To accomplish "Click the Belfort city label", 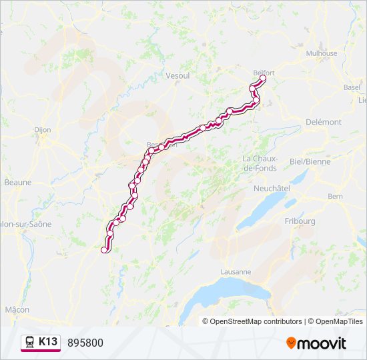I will [264, 73].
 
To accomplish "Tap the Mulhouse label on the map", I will [322, 53].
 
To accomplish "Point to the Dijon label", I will [42, 131].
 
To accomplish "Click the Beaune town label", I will [17, 181].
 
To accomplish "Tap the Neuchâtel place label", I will [272, 189].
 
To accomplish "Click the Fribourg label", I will [300, 221].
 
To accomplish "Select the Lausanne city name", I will [236, 272].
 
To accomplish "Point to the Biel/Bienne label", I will [310, 161].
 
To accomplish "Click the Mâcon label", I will [17, 309].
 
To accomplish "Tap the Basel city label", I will [352, 87].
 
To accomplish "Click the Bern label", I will [335, 197].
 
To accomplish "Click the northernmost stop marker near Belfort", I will [262, 79].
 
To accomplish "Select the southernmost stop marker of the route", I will [104, 249].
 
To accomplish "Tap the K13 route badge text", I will [48, 342].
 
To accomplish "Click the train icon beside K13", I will [30, 342].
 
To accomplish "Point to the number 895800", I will [85, 343].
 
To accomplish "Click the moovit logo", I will [316, 343].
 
